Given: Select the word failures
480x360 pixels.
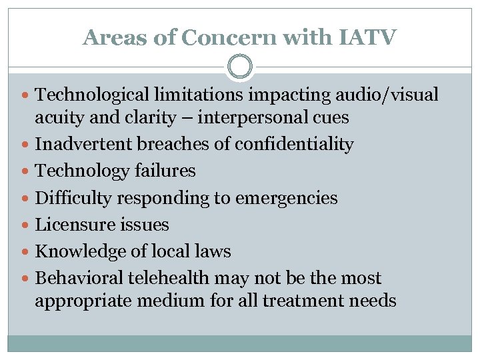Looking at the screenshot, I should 164,171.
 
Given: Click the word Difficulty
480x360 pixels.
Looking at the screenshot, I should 71,198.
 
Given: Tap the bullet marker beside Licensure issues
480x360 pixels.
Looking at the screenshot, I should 25,225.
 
